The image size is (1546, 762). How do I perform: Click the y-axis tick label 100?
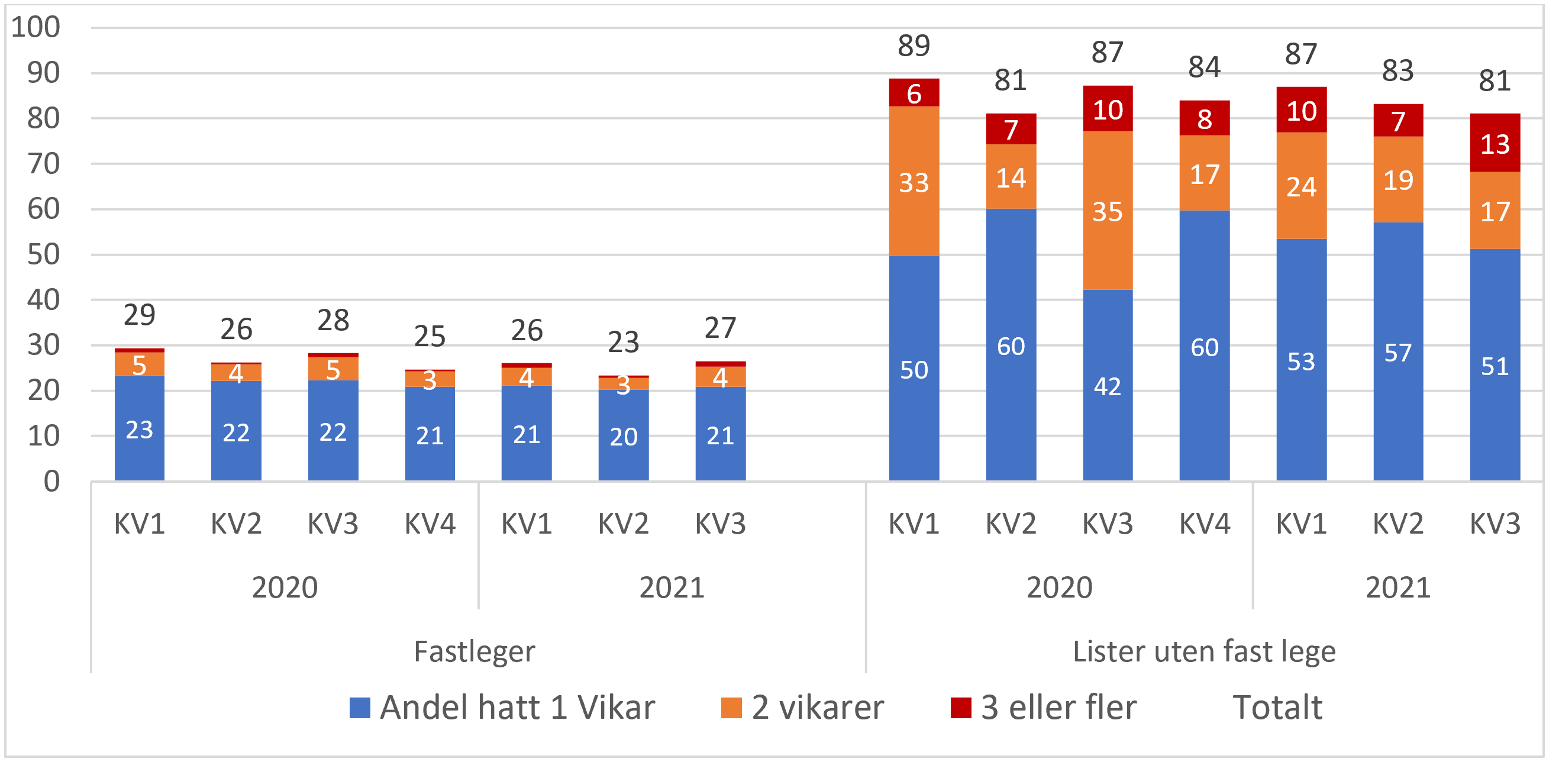tap(36, 27)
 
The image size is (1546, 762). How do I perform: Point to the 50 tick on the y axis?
tap(43, 254)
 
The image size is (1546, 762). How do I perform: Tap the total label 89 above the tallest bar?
tap(914, 46)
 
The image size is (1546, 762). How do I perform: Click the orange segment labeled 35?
tap(1108, 211)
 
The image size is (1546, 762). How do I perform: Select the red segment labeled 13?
tap(1495, 143)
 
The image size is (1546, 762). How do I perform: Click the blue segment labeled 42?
tap(1108, 385)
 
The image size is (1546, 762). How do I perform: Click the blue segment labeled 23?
tap(139, 428)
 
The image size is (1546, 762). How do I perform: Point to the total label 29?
tap(139, 314)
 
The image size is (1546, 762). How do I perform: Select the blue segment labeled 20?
tap(623, 435)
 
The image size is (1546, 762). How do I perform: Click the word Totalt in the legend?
tap(1277, 707)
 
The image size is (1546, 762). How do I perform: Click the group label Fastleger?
tap(474, 651)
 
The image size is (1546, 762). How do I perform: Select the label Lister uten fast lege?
tap(1203, 651)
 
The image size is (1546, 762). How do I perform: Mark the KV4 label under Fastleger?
tap(430, 524)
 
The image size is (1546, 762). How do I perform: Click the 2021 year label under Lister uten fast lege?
tap(1397, 587)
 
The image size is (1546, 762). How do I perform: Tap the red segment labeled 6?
tap(914, 93)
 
